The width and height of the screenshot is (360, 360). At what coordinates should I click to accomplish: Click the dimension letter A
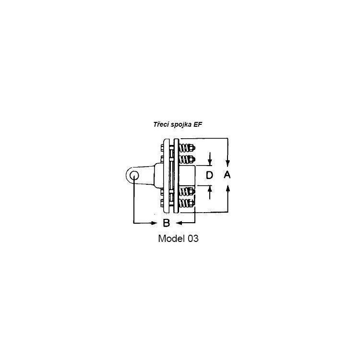pyautogui.click(x=227, y=175)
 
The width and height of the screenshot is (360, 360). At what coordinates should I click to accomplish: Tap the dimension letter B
pyautogui.click(x=166, y=223)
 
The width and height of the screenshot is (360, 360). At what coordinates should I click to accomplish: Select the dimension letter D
pyautogui.click(x=209, y=175)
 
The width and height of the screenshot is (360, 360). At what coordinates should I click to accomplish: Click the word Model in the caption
pyautogui.click(x=171, y=239)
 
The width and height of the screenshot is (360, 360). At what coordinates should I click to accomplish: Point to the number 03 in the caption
pyautogui.click(x=193, y=239)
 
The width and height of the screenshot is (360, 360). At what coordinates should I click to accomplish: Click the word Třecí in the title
pyautogui.click(x=161, y=124)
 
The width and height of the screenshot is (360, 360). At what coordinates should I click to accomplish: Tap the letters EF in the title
pyautogui.click(x=198, y=124)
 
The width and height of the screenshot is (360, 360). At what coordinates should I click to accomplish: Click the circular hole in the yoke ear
pyautogui.click(x=134, y=176)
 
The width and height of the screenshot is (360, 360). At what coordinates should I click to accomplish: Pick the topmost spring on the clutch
pyautogui.click(x=185, y=148)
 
